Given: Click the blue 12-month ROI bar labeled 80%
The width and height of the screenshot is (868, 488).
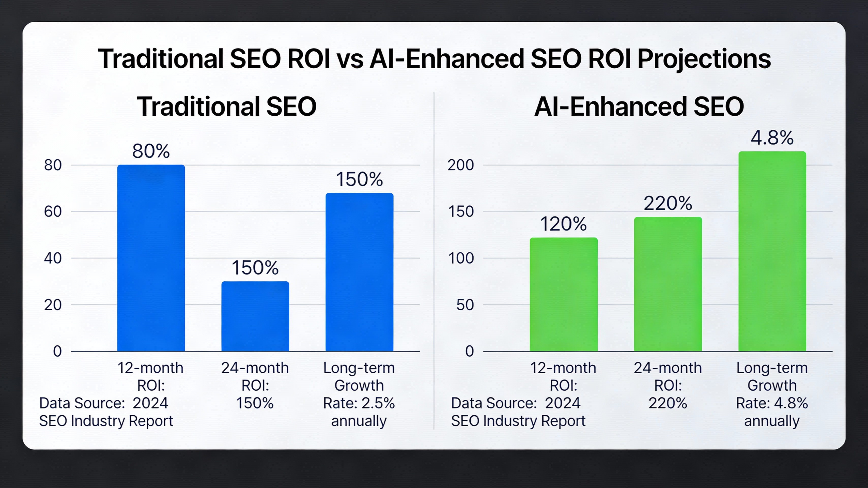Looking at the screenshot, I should click(151, 258).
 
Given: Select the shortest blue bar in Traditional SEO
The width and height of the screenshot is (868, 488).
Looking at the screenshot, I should click(255, 316).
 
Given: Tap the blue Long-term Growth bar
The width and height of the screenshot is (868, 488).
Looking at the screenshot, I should click(359, 272).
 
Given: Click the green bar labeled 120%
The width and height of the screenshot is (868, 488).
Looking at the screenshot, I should click(563, 294).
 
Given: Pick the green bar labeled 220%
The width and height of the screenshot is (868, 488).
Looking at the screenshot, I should click(668, 284).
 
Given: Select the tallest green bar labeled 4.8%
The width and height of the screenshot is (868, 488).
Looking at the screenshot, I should click(772, 251).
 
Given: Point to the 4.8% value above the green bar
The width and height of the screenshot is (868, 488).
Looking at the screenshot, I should click(772, 138).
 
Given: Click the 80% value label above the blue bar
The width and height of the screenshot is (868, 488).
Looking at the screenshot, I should click(151, 151).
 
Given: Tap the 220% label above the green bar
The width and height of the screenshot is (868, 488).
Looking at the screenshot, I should click(668, 203).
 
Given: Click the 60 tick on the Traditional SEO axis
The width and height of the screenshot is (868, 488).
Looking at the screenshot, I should click(53, 212).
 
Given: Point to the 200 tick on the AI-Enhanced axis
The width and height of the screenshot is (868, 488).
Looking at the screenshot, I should click(461, 165).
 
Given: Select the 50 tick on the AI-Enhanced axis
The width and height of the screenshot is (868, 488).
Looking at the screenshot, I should click(465, 305).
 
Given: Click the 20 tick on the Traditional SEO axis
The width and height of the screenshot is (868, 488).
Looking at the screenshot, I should click(53, 305).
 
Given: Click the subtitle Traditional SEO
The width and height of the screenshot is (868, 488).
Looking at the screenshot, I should click(226, 106).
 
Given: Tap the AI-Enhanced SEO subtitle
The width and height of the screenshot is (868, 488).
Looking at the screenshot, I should click(639, 106).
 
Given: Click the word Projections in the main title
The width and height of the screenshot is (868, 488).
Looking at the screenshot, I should click(704, 59).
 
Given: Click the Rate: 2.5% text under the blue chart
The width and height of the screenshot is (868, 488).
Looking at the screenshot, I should click(359, 403).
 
